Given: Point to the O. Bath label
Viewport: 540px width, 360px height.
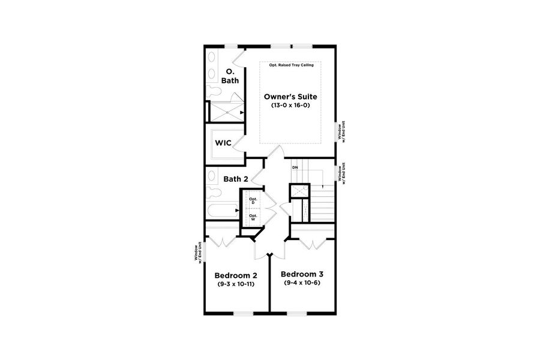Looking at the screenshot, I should tap(230, 76).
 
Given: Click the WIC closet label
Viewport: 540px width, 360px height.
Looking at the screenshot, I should tap(224, 143).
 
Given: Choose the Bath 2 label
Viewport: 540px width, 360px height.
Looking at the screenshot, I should tap(235, 179).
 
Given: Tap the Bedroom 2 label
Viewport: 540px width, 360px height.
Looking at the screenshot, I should tap(236, 275).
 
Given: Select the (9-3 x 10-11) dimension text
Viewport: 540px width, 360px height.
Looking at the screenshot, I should tap(236, 284).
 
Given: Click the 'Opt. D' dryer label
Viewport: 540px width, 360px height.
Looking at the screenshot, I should tap(253, 201).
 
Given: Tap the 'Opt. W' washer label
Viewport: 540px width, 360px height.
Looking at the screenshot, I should tap(253, 218).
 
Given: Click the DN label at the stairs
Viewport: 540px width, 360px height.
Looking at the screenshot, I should tap(295, 167).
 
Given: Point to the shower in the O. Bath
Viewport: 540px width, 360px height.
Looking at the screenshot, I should tap(226, 112).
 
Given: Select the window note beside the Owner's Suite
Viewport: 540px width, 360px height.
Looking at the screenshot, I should tap(340, 131).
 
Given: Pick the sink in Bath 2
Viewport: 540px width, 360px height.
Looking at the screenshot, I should tap(212, 177).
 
